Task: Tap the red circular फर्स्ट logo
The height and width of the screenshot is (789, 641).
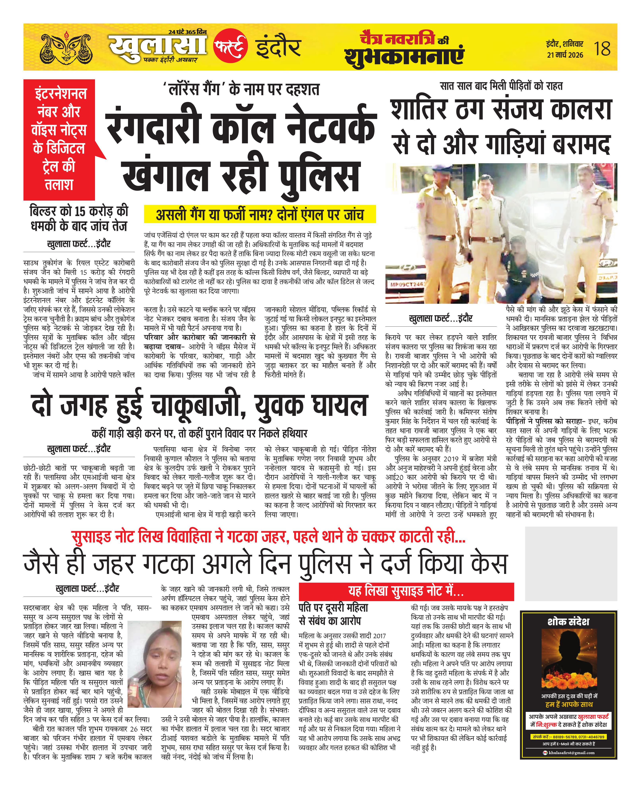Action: (x=230, y=46)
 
